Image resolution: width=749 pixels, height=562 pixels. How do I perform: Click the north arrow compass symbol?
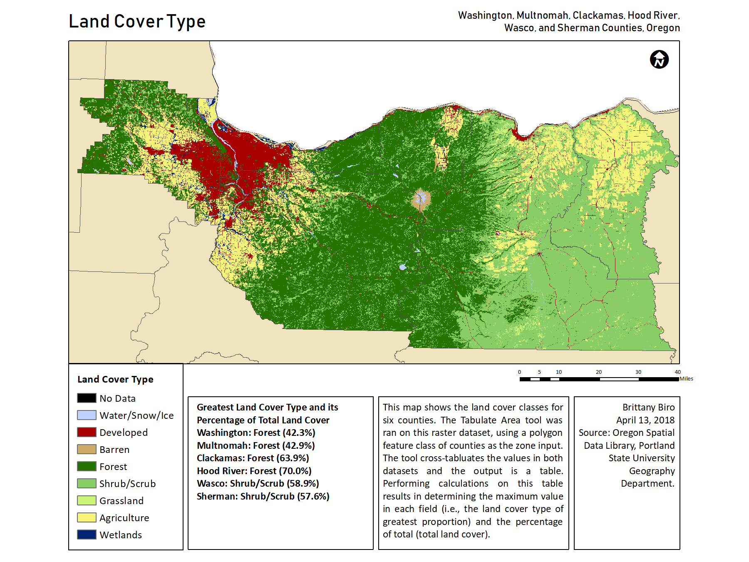pos(659,60)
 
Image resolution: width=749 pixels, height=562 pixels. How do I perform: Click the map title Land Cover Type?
pos(137,22)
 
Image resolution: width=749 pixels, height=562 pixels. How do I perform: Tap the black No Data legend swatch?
pos(87,398)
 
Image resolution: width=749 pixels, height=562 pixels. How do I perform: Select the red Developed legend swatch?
pos(87,432)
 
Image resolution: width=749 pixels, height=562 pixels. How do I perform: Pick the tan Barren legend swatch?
pos(87,449)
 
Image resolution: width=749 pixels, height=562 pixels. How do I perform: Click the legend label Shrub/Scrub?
pos(127,484)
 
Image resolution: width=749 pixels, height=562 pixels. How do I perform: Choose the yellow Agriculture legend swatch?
pos(87,517)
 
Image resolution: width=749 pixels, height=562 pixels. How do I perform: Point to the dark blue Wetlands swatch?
pos(87,535)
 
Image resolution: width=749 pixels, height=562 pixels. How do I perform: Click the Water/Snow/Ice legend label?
pos(136,415)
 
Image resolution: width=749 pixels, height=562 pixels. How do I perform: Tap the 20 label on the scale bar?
pos(598,372)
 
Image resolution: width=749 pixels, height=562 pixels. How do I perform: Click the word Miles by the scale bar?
pos(686,379)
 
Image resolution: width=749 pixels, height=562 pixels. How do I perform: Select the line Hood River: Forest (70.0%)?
pos(254,471)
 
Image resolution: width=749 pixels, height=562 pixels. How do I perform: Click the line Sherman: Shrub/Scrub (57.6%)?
pos(263,496)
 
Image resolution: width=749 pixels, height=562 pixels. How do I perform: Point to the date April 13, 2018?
pos(645,420)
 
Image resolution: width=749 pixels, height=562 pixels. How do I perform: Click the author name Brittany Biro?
pos(648,407)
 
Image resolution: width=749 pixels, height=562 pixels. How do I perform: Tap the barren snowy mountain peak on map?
pos(421,199)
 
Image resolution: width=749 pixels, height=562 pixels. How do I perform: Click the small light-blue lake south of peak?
pos(402,267)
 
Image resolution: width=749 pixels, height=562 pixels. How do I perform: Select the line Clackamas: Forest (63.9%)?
pos(253,458)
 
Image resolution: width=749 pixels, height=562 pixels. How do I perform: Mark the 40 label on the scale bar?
pos(677,372)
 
